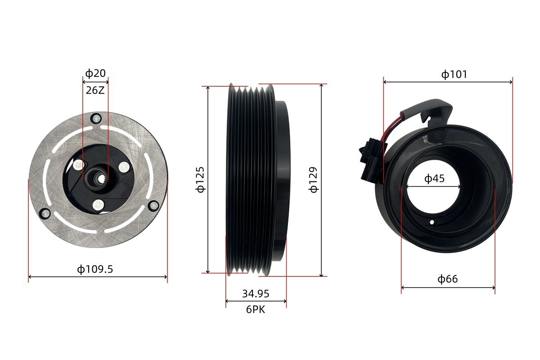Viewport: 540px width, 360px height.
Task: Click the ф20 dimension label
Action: [x=95, y=73]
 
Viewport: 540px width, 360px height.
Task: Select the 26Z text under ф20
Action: [x=95, y=90]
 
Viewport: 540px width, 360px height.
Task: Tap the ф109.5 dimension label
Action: [x=95, y=269]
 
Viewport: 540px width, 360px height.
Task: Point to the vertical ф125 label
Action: [x=200, y=180]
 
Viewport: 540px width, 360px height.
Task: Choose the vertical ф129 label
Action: [x=313, y=180]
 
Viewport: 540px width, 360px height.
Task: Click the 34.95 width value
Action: [x=256, y=294]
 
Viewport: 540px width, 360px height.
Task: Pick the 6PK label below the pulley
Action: [x=256, y=310]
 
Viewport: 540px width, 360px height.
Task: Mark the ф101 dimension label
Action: [x=454, y=74]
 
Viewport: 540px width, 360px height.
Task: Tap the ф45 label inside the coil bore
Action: [x=434, y=179]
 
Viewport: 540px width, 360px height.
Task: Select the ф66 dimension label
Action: [x=448, y=279]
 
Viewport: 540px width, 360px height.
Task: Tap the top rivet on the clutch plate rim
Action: [x=96, y=118]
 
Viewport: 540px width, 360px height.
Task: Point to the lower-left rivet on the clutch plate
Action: [x=45, y=214]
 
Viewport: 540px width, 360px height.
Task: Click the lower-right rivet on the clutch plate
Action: [x=153, y=206]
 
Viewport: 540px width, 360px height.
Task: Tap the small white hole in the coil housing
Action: [x=432, y=222]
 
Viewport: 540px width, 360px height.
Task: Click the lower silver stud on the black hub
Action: [x=99, y=205]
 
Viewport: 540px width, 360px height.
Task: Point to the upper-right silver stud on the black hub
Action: [x=124, y=167]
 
